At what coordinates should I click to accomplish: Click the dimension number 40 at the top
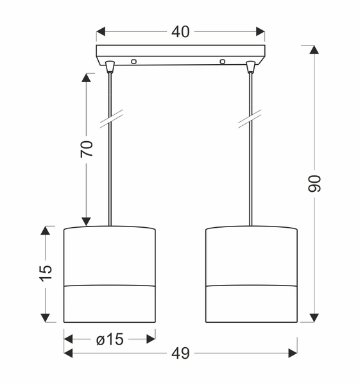point(180,31)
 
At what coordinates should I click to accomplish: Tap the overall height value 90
point(314,184)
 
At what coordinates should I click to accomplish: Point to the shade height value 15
point(46,273)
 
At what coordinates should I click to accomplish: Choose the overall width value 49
point(180,352)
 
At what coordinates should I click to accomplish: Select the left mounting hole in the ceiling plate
point(134,62)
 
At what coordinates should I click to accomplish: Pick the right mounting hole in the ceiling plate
point(223,62)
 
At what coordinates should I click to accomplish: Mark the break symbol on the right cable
point(250,117)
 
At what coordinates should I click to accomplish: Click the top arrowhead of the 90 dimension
point(314,50)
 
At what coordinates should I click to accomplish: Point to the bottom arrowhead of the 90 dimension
point(314,317)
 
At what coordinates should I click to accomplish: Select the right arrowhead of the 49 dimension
point(293,352)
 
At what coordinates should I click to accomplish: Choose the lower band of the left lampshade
point(110,303)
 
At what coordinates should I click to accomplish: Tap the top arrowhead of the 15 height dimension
point(46,230)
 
